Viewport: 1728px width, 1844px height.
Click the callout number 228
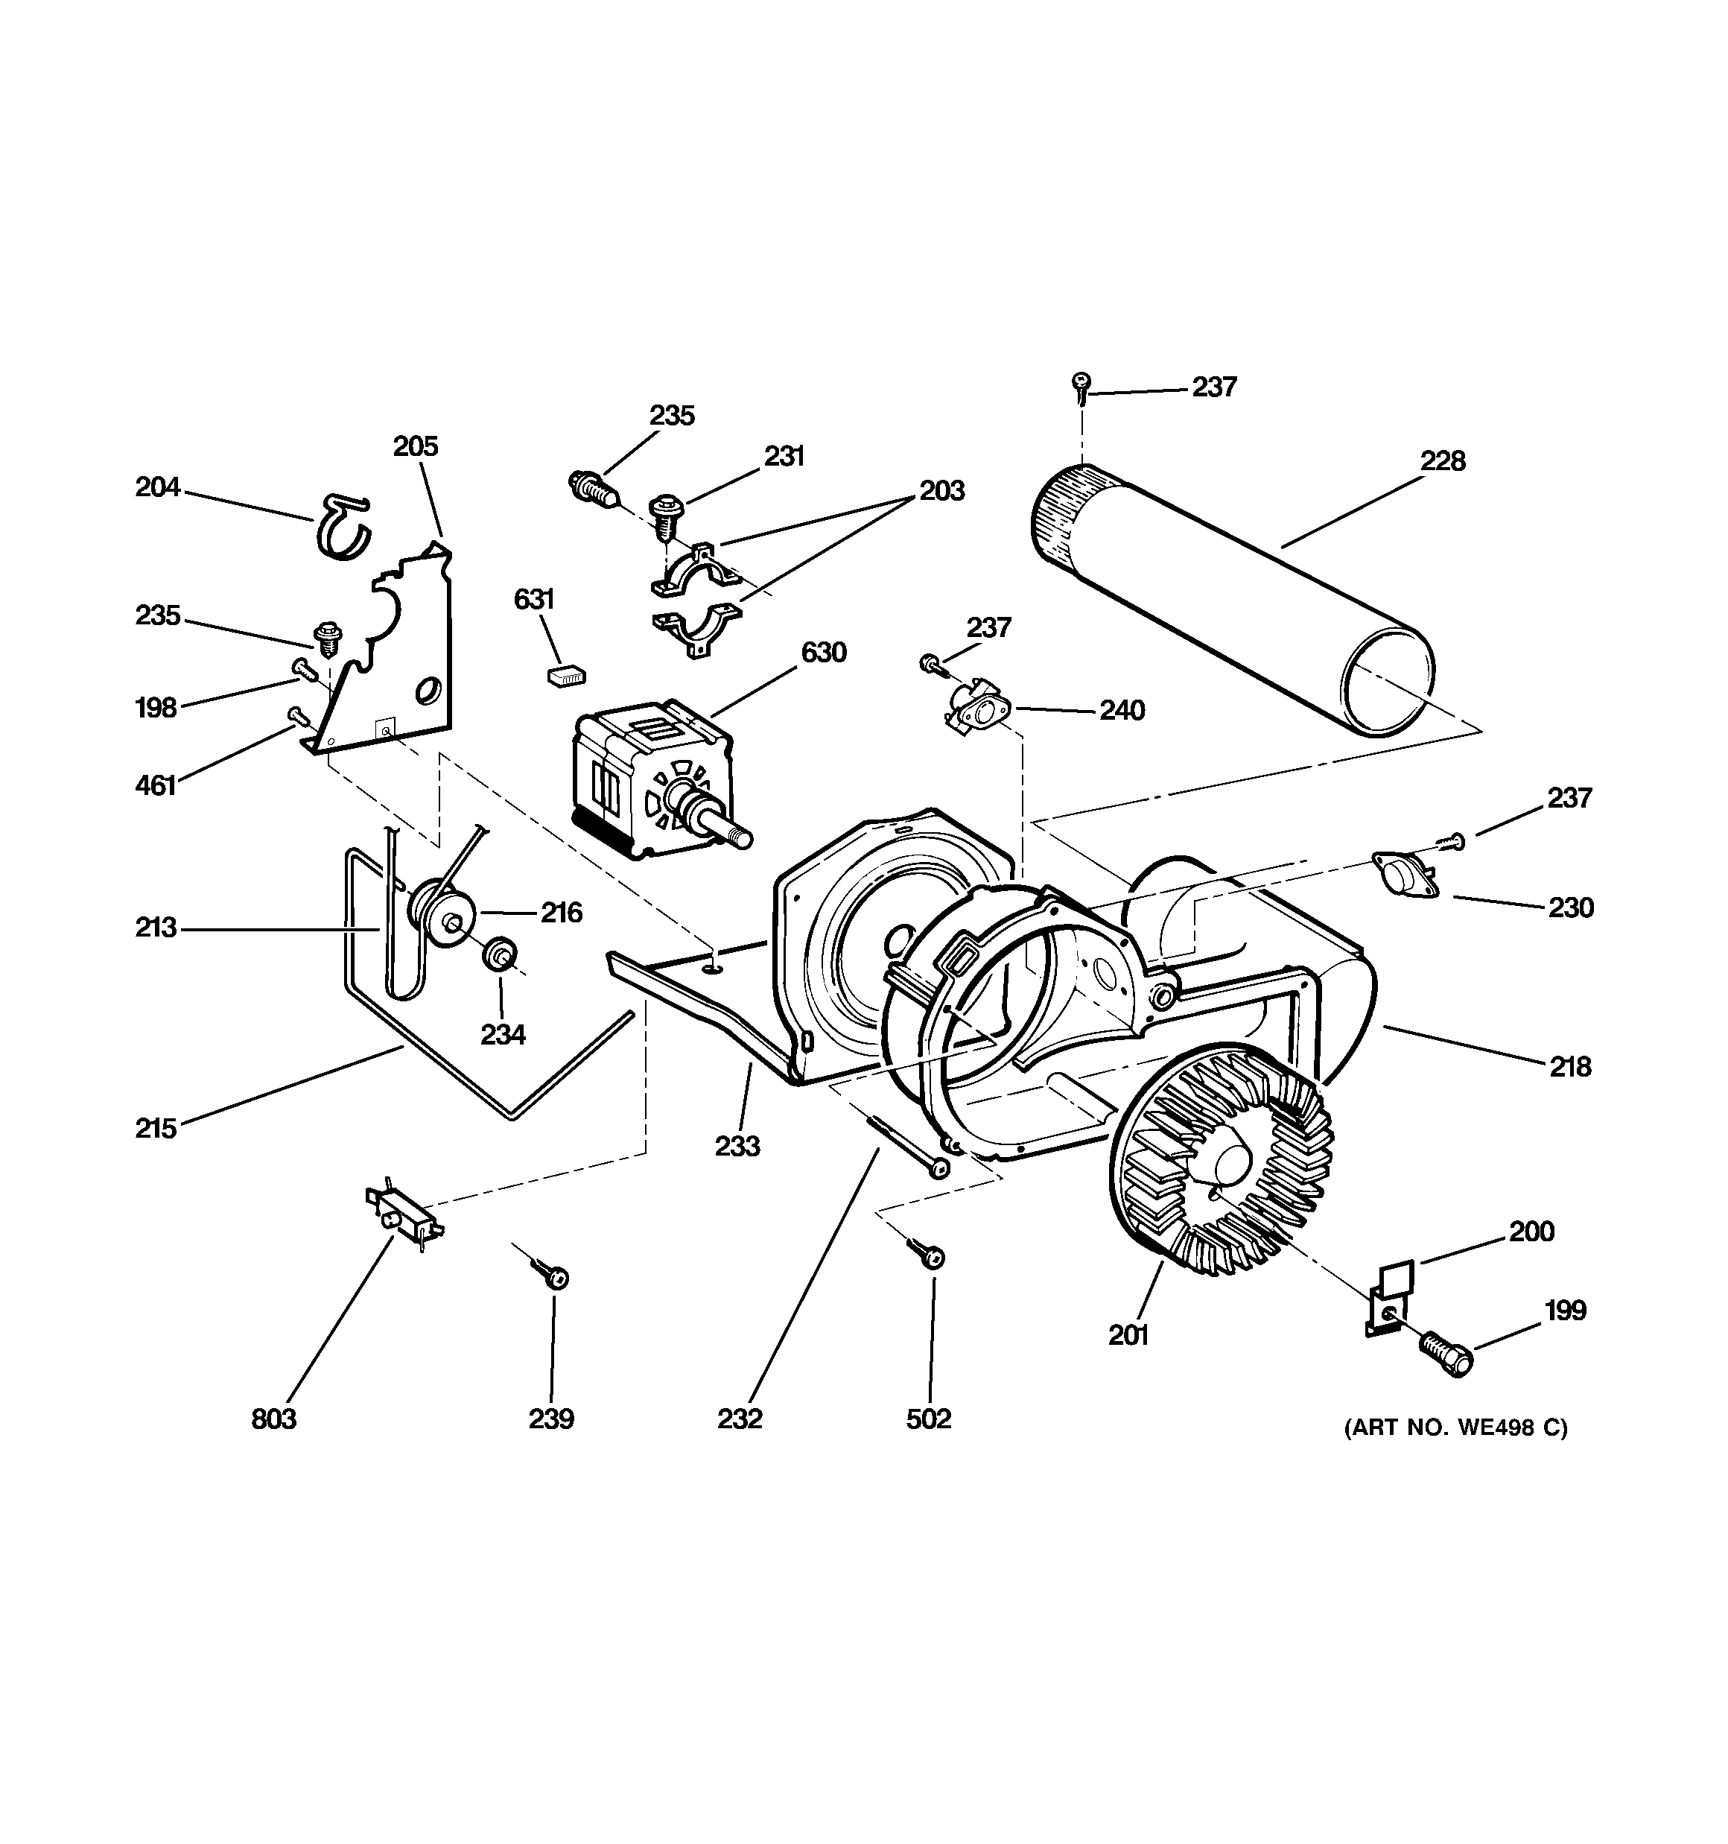click(x=1442, y=461)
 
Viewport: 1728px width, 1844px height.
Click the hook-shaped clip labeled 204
click(x=343, y=527)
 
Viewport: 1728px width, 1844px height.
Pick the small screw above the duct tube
click(x=1081, y=386)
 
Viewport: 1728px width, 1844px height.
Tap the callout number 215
click(x=156, y=1129)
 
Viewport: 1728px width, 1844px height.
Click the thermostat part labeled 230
click(x=1404, y=875)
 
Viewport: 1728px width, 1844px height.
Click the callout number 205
click(x=415, y=446)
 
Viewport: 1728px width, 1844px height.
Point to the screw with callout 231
click(x=665, y=513)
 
